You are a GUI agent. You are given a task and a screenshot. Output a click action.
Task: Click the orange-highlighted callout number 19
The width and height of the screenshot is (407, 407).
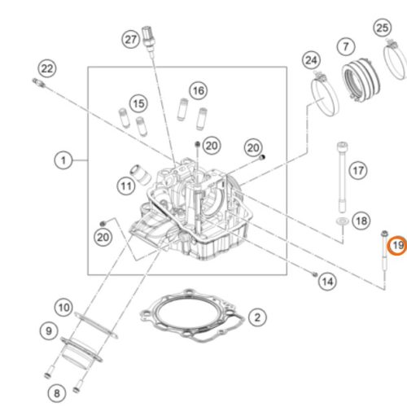click(x=396, y=245)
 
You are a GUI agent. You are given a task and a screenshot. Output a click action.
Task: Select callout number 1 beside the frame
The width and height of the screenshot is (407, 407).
click(x=62, y=160)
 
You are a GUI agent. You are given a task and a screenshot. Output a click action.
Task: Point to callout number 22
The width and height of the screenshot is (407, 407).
click(x=47, y=68)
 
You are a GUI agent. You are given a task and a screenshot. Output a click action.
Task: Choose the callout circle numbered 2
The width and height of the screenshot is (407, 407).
click(x=256, y=316)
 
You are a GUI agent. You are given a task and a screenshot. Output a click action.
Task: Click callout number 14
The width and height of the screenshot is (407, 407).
click(x=326, y=282)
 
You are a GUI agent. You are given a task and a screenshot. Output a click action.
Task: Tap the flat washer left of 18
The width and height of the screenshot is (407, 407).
click(x=343, y=221)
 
